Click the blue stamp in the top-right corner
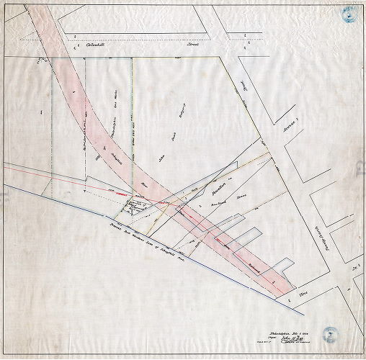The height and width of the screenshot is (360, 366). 349,14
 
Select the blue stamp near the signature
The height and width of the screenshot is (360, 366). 331,333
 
